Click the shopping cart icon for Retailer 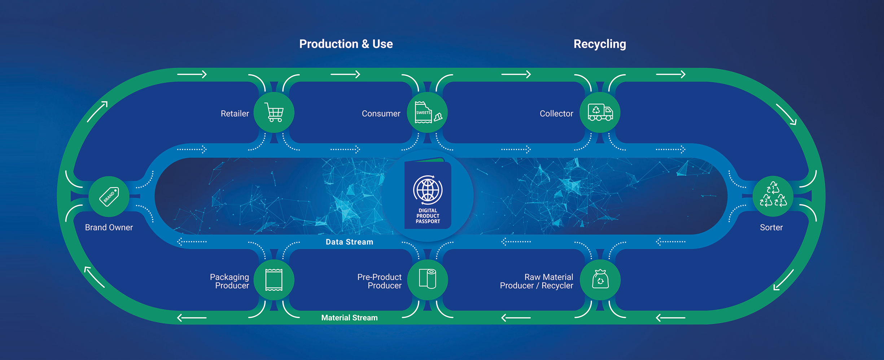click(x=274, y=113)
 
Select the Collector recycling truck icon click(x=600, y=113)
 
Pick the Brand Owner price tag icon click(x=109, y=196)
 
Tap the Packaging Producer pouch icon click(x=274, y=280)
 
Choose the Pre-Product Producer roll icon click(x=428, y=279)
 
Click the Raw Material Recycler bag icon click(x=600, y=280)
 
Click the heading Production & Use click(x=346, y=44)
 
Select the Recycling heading click(x=600, y=44)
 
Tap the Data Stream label click(x=349, y=242)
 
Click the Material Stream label click(x=349, y=318)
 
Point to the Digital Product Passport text click(x=428, y=216)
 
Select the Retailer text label click(x=235, y=114)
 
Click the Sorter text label click(x=771, y=228)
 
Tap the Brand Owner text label click(x=109, y=228)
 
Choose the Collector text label click(x=556, y=114)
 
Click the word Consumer click(x=381, y=114)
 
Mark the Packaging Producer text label click(x=230, y=281)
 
